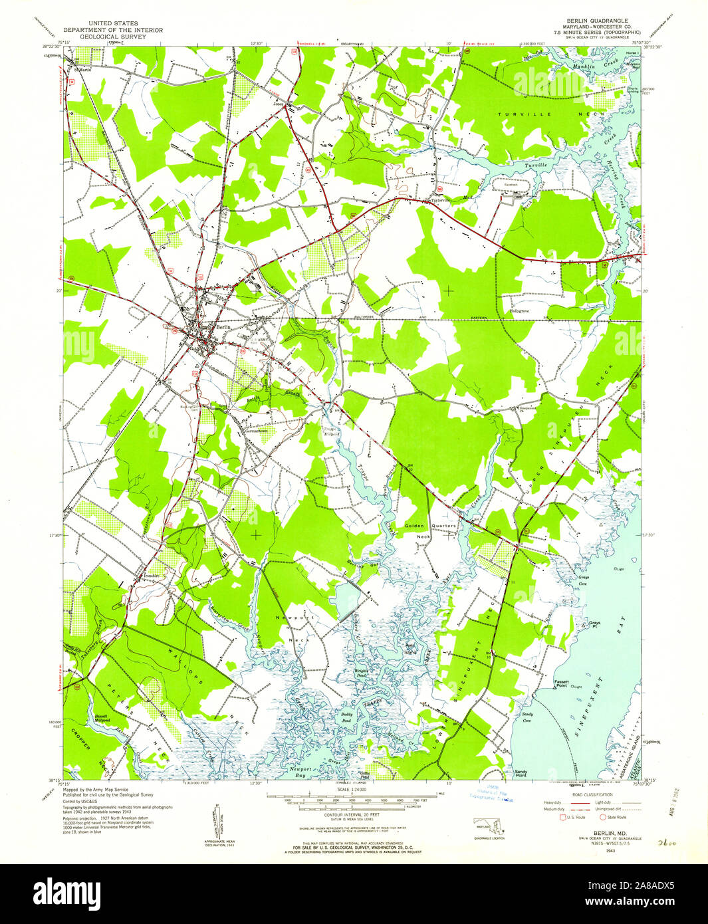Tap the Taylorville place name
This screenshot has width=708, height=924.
(439, 200)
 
